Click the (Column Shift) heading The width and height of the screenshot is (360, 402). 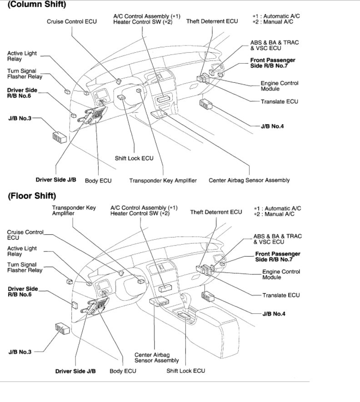pyautogui.click(x=37, y=5)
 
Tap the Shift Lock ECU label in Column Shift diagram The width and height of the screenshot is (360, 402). pyautogui.click(x=134, y=158)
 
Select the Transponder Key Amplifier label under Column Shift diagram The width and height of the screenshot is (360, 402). pyautogui.click(x=163, y=181)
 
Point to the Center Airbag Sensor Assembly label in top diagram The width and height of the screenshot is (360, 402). pyautogui.click(x=249, y=180)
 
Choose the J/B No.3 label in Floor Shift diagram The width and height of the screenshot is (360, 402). pyautogui.click(x=20, y=352)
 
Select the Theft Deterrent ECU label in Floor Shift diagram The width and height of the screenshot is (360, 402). pyautogui.click(x=216, y=212)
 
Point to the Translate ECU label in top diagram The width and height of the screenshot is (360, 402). pyautogui.click(x=279, y=101)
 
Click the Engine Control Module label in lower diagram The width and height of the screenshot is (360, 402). pyautogui.click(x=281, y=274)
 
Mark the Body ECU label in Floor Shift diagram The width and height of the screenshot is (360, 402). pyautogui.click(x=122, y=371)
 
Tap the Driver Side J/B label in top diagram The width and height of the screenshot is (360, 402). pyautogui.click(x=56, y=180)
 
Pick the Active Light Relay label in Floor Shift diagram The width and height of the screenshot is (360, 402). pyautogui.click(x=22, y=251)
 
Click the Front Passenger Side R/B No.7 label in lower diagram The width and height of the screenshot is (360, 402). pyautogui.click(x=278, y=256)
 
